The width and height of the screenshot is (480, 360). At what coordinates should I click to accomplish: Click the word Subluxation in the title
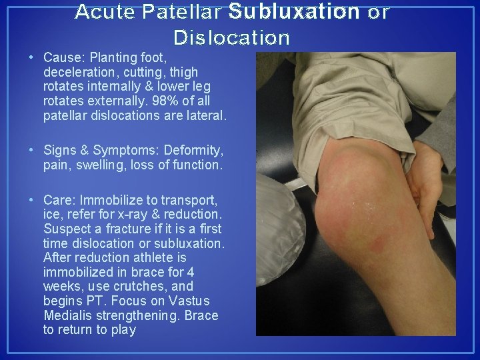tap(293, 12)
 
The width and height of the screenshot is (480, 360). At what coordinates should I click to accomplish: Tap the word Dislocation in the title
tap(231, 37)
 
